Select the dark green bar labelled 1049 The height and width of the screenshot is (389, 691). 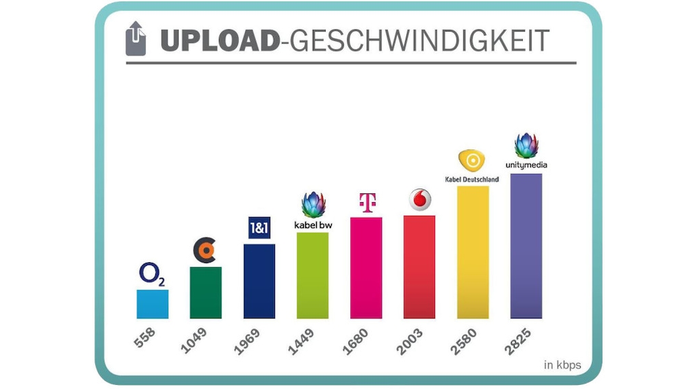[x=205, y=292]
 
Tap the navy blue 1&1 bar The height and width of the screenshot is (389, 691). [x=259, y=281]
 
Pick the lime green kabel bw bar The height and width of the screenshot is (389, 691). [x=312, y=275]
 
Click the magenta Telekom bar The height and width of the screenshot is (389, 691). [x=366, y=268]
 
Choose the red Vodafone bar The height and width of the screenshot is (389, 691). [x=419, y=266]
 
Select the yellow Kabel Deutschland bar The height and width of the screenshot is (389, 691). [x=473, y=252]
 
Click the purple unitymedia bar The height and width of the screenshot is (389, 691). [x=526, y=246]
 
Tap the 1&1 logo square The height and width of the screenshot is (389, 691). [x=259, y=227]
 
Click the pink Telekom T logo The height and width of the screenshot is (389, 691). [x=367, y=203]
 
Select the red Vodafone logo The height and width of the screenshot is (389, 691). [x=420, y=199]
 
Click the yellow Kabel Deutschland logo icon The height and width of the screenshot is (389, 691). [x=472, y=162]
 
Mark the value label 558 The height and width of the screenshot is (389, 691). [x=145, y=338]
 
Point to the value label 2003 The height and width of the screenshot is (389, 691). [x=412, y=341]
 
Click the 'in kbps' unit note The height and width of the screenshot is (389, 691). [x=562, y=365]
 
